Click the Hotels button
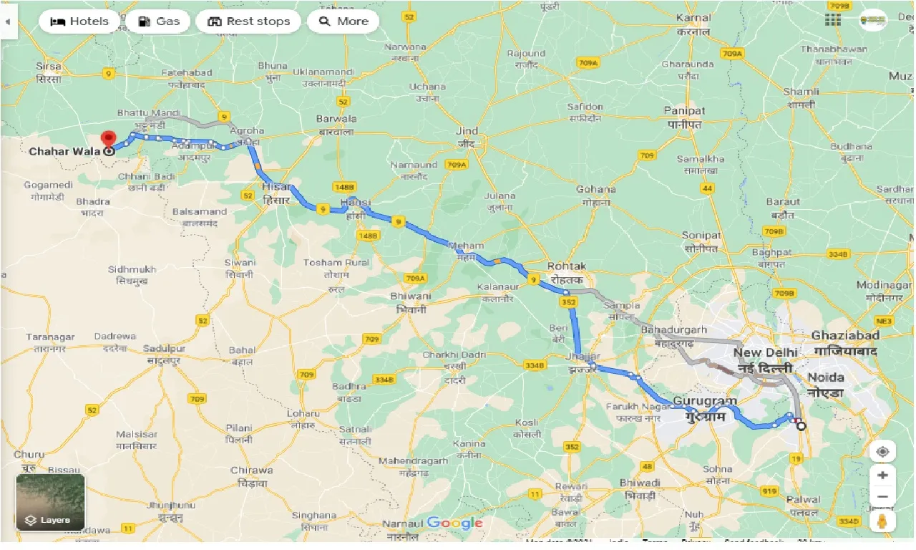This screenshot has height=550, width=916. [79, 21]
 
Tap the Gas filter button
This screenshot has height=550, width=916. [158, 21]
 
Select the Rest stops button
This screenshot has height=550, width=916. [248, 21]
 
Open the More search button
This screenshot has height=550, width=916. [343, 21]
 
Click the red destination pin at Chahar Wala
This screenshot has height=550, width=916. [108, 139]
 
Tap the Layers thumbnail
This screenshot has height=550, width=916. [50, 502]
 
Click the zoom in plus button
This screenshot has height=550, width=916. [882, 476]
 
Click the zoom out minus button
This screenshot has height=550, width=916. [882, 497]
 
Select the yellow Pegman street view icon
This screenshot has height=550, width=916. [882, 521]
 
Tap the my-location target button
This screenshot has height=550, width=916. [882, 452]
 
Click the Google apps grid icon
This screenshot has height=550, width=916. [832, 20]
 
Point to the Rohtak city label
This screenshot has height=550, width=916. [567, 266]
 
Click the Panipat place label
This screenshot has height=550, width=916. [684, 110]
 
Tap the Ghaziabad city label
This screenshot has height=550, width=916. [846, 335]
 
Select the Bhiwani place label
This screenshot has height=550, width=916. [411, 296]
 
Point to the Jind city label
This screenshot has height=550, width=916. [466, 131]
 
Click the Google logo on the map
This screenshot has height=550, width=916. [454, 524]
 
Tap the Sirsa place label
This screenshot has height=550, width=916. [49, 66]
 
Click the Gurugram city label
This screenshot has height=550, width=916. [710, 401]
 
